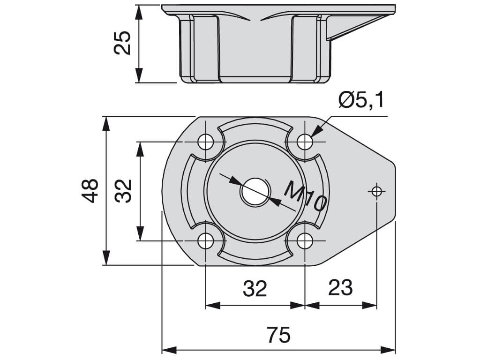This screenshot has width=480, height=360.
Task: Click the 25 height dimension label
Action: point(122,43)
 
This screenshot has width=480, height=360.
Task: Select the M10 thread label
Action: point(305,196)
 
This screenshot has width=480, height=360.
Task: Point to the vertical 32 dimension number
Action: point(123,191)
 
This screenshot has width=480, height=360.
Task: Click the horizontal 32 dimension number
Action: point(255,288)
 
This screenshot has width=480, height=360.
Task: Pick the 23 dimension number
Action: point(340,288)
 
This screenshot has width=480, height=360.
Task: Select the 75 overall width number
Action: point(278,335)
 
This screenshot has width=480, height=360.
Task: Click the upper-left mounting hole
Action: point(206,142)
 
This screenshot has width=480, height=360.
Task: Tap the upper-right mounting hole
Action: point(305,142)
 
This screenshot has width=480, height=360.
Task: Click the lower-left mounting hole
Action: point(206,241)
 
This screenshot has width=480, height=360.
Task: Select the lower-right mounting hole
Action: point(305,241)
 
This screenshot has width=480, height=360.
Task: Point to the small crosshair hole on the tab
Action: point(376,192)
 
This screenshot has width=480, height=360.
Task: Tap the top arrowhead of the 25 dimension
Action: point(139,13)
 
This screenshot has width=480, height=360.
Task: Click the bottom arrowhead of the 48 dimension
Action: point(106,257)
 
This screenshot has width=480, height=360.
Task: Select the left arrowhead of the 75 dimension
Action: point(169,350)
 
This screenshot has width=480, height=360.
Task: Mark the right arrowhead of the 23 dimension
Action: point(369,305)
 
